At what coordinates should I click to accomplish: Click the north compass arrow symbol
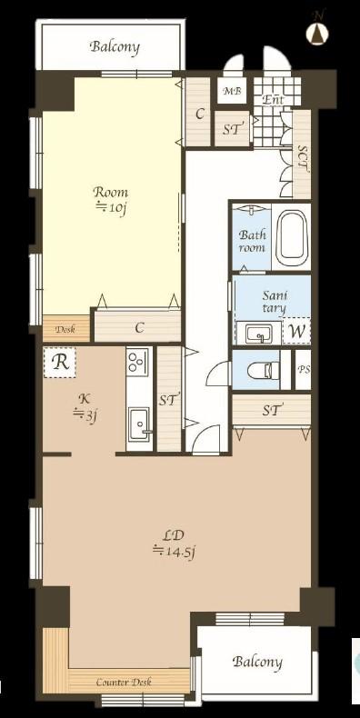[318, 32]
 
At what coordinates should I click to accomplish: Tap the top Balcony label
[115, 46]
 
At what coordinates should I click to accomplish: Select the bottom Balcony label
[257, 662]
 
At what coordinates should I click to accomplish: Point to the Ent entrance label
[274, 99]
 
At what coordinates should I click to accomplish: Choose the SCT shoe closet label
[303, 158]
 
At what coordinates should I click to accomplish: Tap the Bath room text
[253, 242]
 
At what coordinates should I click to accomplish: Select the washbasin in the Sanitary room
[258, 334]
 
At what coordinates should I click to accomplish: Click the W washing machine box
[296, 332]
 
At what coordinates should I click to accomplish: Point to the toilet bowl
[264, 370]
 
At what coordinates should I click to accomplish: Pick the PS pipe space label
[304, 369]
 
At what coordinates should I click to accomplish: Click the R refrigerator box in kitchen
[60, 363]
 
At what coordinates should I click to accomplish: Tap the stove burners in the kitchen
[139, 362]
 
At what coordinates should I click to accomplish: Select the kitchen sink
[139, 424]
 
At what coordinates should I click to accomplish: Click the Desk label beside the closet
[65, 329]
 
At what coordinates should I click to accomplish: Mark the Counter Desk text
[124, 683]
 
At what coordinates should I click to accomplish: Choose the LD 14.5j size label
[174, 543]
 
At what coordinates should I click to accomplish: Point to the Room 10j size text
[110, 200]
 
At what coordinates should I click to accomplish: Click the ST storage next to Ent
[233, 129]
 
